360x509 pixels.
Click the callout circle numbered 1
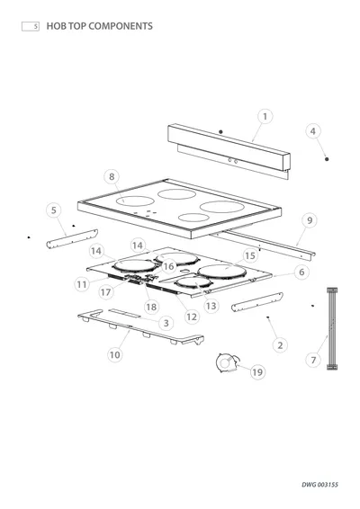tap(265, 117)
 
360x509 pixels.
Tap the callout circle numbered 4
tap(313, 131)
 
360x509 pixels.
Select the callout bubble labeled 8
tap(112, 176)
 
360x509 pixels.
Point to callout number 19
tap(257, 372)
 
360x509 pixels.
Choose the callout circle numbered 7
tap(313, 360)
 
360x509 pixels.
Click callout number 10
tap(114, 355)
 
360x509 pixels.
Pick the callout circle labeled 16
tap(168, 266)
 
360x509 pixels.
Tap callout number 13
tap(211, 306)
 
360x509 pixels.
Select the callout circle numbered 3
tap(166, 323)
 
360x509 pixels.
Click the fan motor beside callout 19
tap(227, 362)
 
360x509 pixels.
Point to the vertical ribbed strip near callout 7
tap(332, 328)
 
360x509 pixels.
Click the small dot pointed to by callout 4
tap(327, 159)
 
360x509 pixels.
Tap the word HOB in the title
tap(56, 26)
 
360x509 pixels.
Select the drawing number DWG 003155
tap(319, 485)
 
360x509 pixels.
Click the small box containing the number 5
tap(31, 26)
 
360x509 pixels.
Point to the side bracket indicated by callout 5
tap(72, 239)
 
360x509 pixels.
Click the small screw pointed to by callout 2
tap(267, 317)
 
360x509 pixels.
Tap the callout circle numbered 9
tap(310, 220)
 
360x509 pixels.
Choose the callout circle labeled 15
tap(250, 255)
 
